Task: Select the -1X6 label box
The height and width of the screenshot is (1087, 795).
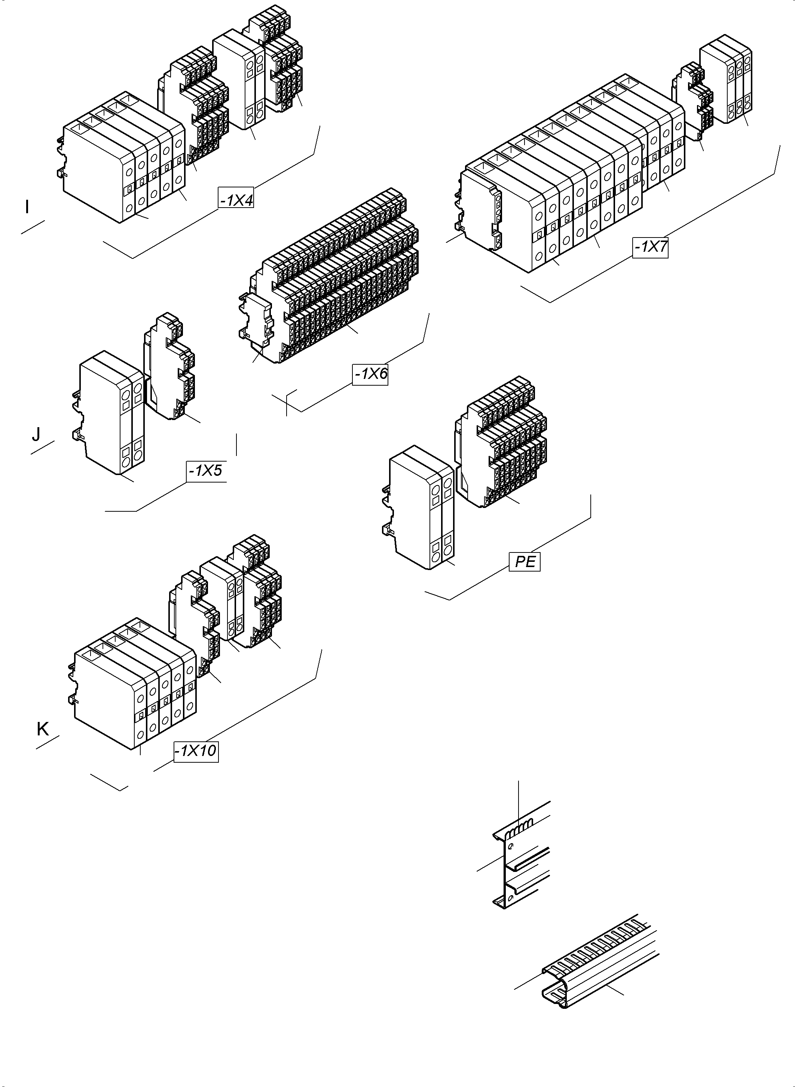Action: click(370, 374)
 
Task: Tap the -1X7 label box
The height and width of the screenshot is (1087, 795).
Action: click(650, 247)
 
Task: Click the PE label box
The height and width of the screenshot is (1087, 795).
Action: click(525, 561)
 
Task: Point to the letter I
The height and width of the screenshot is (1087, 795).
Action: click(27, 207)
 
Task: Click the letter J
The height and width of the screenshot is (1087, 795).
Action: click(36, 435)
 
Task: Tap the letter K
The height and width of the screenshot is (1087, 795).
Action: click(42, 729)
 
